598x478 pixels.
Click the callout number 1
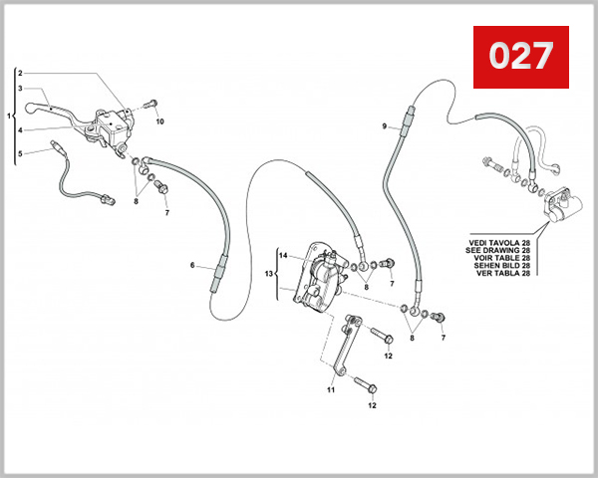(10, 117)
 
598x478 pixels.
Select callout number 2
(20, 75)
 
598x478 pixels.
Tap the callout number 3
(20, 88)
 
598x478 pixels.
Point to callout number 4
(20, 128)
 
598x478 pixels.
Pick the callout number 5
(20, 153)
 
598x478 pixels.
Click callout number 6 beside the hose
(193, 267)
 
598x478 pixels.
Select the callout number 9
(384, 126)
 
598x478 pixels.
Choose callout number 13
(268, 273)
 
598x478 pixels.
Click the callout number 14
(282, 257)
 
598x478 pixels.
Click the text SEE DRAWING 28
(498, 249)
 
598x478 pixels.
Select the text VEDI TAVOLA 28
(498, 241)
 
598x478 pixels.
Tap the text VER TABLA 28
(498, 273)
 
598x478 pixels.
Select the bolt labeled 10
(150, 104)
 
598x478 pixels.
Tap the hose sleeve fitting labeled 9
(405, 126)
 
